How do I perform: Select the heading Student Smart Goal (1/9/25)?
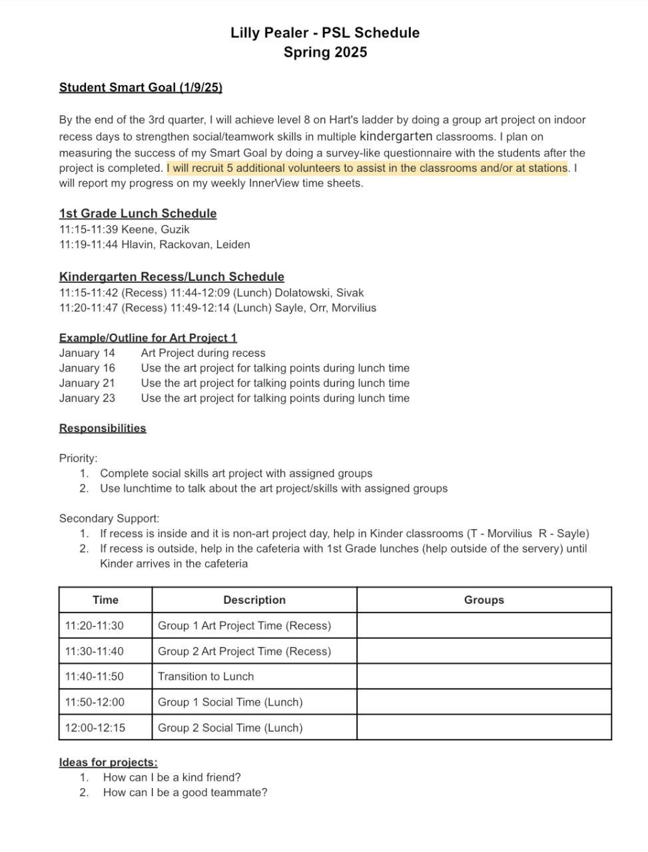(141, 87)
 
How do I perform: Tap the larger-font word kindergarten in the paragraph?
(396, 136)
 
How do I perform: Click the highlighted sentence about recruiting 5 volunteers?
(367, 168)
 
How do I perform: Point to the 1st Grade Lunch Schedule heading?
(138, 213)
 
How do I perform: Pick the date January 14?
(87, 353)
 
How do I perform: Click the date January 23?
(87, 398)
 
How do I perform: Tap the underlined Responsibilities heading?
(103, 428)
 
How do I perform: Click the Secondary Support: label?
(109, 518)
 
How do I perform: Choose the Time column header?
(105, 600)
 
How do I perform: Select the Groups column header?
(484, 600)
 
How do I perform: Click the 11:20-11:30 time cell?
(94, 626)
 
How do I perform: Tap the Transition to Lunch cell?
(206, 676)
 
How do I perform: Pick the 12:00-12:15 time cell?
(95, 728)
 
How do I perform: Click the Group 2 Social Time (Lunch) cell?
(230, 728)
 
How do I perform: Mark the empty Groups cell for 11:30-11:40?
(484, 651)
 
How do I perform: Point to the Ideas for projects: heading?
(109, 762)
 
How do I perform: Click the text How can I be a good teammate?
(185, 792)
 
